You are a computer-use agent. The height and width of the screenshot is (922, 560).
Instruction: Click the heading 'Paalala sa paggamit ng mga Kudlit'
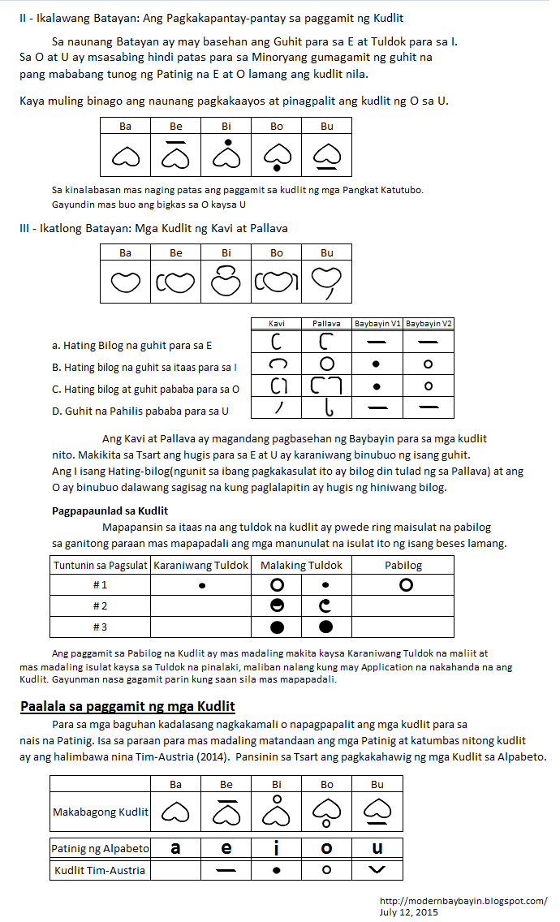(x=127, y=705)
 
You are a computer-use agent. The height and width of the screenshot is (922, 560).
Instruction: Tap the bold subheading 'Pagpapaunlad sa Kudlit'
(x=110, y=511)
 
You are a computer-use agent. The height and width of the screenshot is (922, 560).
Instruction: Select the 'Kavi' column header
(x=277, y=323)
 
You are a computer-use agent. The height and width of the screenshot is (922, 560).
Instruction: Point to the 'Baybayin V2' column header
(x=429, y=323)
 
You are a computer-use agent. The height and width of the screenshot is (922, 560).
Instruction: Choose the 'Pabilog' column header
(x=403, y=565)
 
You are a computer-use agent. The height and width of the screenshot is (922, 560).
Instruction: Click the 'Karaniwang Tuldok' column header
(x=201, y=565)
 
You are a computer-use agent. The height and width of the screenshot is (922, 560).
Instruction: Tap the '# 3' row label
(x=101, y=627)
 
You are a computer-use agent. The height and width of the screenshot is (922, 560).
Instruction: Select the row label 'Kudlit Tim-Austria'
(x=100, y=870)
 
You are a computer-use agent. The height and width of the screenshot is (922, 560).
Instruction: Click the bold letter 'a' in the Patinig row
(x=175, y=848)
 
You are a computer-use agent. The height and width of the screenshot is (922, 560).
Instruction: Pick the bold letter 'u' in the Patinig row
(x=377, y=848)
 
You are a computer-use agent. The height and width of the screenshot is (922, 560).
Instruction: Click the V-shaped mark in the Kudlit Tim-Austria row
(x=377, y=870)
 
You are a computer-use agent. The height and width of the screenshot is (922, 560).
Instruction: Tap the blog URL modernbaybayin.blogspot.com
(x=463, y=901)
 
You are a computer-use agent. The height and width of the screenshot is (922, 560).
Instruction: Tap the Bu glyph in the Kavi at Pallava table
(x=327, y=282)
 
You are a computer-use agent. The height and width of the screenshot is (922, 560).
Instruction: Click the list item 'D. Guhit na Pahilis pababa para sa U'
(x=140, y=411)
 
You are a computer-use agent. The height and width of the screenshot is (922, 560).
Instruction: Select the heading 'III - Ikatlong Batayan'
(x=153, y=228)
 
